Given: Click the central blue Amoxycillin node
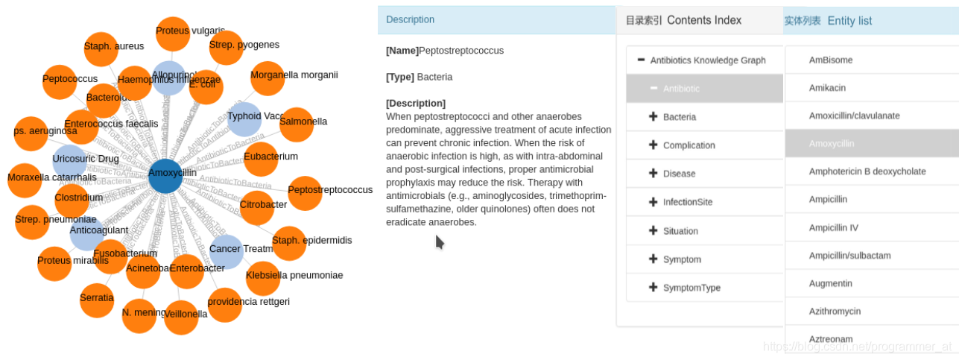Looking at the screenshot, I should pos(165,176).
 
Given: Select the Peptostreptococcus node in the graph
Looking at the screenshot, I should pos(305,193).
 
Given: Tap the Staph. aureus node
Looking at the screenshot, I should pos(101,49).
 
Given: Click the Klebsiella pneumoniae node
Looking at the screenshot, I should pos(263,278).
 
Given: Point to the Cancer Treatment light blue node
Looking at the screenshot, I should pos(226,251).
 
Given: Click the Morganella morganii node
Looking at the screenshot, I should pos(267,78).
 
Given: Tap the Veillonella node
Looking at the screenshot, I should pos(181,318).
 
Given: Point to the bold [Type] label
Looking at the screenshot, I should pos(400,77).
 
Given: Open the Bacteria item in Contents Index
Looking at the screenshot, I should pos(680,117).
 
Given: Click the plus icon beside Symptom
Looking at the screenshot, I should pos(653,259).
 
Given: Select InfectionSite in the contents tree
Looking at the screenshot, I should pos(687,202).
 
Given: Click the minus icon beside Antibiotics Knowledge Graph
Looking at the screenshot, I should pos(641,60).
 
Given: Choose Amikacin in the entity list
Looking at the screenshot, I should pos(827,88).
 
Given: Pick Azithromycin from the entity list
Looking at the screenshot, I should pos(835,311).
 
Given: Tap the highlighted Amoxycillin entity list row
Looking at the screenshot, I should pos(832,143).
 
